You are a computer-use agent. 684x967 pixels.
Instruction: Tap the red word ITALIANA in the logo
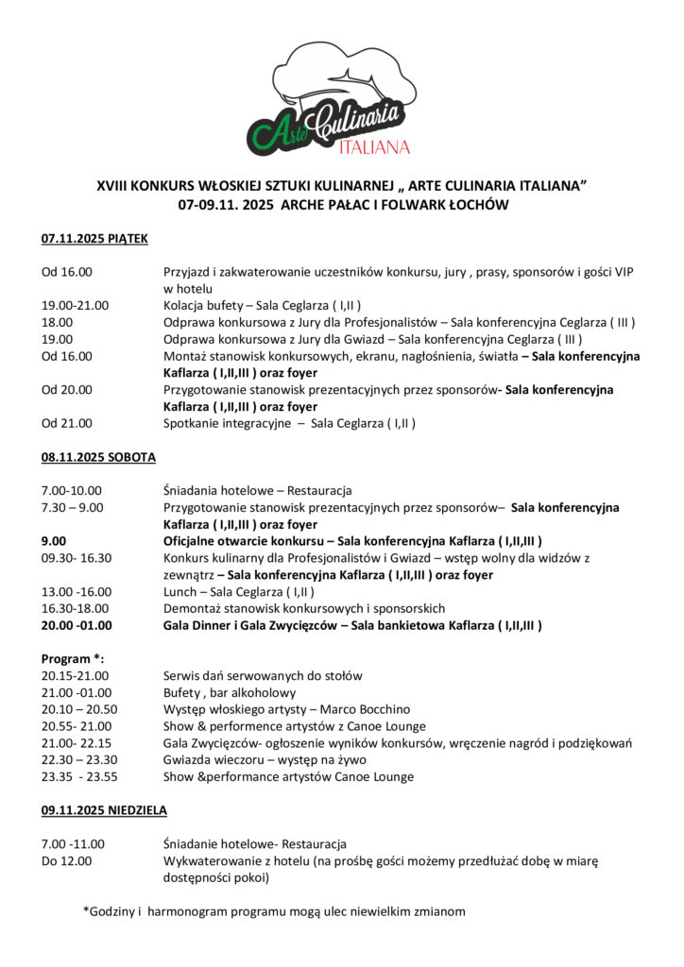(374, 146)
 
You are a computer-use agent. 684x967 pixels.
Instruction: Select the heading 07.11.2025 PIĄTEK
(94, 239)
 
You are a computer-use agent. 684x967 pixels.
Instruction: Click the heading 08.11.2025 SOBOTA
(98, 457)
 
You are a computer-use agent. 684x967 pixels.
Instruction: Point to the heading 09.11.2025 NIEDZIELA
(104, 810)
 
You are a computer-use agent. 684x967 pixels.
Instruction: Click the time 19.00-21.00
(75, 305)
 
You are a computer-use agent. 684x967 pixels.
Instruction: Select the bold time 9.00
(54, 541)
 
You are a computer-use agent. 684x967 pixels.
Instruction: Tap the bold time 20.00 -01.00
(77, 625)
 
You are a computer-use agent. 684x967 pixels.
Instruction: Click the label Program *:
(72, 658)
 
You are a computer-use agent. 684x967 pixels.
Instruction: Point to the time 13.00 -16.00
(76, 591)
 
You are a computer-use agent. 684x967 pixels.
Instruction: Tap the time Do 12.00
(67, 861)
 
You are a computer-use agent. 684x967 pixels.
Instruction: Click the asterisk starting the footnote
(86, 911)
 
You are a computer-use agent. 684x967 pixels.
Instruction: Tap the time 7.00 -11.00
(73, 843)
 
